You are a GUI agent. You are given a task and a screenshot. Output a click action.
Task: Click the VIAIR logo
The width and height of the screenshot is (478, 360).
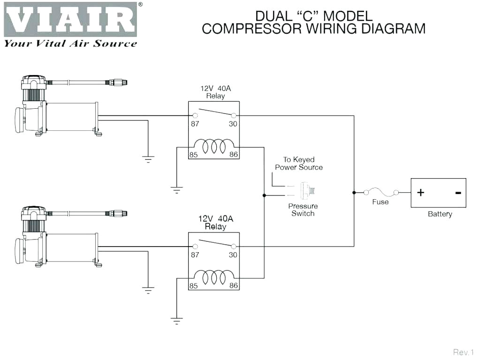[71, 19]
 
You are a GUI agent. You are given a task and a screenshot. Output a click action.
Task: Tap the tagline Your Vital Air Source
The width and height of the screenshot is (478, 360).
[70, 44]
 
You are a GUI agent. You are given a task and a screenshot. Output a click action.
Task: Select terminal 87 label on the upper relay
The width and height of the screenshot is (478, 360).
[195, 124]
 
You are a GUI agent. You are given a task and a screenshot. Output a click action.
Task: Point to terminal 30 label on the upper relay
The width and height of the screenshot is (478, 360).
[233, 124]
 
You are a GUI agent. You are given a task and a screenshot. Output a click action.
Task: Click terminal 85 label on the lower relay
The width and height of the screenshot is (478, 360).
[194, 286]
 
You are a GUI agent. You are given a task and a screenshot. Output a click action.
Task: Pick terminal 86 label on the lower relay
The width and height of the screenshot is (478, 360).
[233, 286]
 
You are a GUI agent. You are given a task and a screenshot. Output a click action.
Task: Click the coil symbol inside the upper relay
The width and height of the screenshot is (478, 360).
[214, 146]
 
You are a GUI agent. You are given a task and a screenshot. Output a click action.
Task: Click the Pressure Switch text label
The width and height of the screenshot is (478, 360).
[303, 210]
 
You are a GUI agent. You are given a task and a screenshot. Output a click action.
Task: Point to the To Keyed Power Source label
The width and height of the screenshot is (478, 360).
[299, 163]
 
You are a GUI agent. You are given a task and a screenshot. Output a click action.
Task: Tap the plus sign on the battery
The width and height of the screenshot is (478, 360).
[421, 192]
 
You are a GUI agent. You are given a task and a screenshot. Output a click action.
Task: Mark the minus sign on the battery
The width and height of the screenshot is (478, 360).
[458, 192]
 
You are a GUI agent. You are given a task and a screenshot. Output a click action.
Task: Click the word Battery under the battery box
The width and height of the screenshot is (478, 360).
[440, 214]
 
